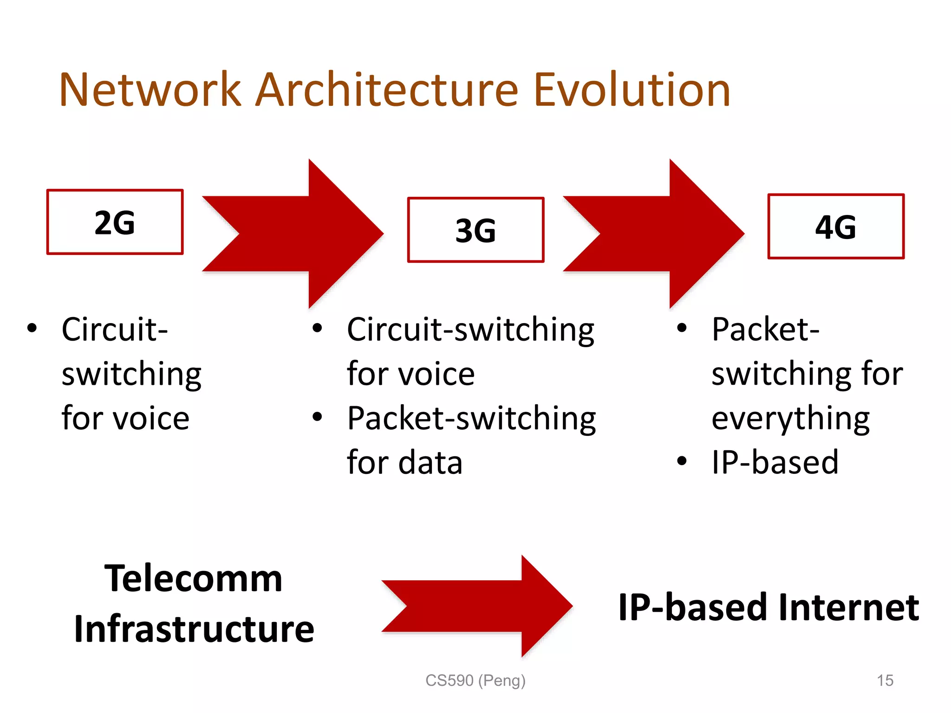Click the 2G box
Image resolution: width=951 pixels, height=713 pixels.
point(115,222)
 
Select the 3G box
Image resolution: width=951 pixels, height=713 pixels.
point(475,230)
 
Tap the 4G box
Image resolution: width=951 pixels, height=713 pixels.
point(836,227)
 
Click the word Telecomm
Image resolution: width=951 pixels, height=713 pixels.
point(193,579)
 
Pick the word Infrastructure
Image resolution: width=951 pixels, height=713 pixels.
point(194,629)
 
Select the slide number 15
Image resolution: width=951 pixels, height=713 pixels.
point(885,681)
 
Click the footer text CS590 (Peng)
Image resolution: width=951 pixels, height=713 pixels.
point(475,681)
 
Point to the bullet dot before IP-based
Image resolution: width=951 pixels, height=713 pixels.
point(681,461)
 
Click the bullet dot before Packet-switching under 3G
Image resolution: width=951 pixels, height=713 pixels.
point(317,416)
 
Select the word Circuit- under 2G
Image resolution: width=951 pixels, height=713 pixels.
point(115,330)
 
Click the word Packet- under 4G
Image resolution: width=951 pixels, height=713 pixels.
point(765,330)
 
